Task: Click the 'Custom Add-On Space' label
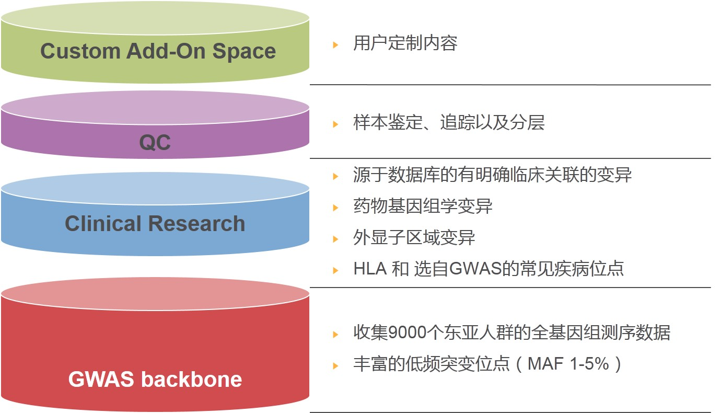[x=158, y=51]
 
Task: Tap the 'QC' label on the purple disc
[x=155, y=142]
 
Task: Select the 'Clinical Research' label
[x=155, y=223]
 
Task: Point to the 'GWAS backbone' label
[x=155, y=379]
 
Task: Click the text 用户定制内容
[x=405, y=43]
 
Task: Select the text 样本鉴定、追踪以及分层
[x=449, y=122]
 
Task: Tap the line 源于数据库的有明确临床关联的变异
[x=492, y=175]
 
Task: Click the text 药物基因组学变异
[x=423, y=206]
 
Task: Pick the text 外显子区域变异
[x=414, y=237]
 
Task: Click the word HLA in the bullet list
[x=370, y=269]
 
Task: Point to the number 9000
[x=408, y=332]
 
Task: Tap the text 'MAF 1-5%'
[x=568, y=364]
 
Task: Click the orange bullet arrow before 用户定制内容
[x=335, y=45]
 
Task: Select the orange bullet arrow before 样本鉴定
[x=335, y=124]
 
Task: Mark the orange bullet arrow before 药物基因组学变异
[x=335, y=208]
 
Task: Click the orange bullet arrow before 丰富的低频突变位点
[x=335, y=365]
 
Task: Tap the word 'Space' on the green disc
[x=245, y=52]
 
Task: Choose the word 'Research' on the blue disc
[x=196, y=223]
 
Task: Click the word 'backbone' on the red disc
[x=192, y=379]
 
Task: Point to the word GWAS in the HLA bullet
[x=475, y=269]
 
